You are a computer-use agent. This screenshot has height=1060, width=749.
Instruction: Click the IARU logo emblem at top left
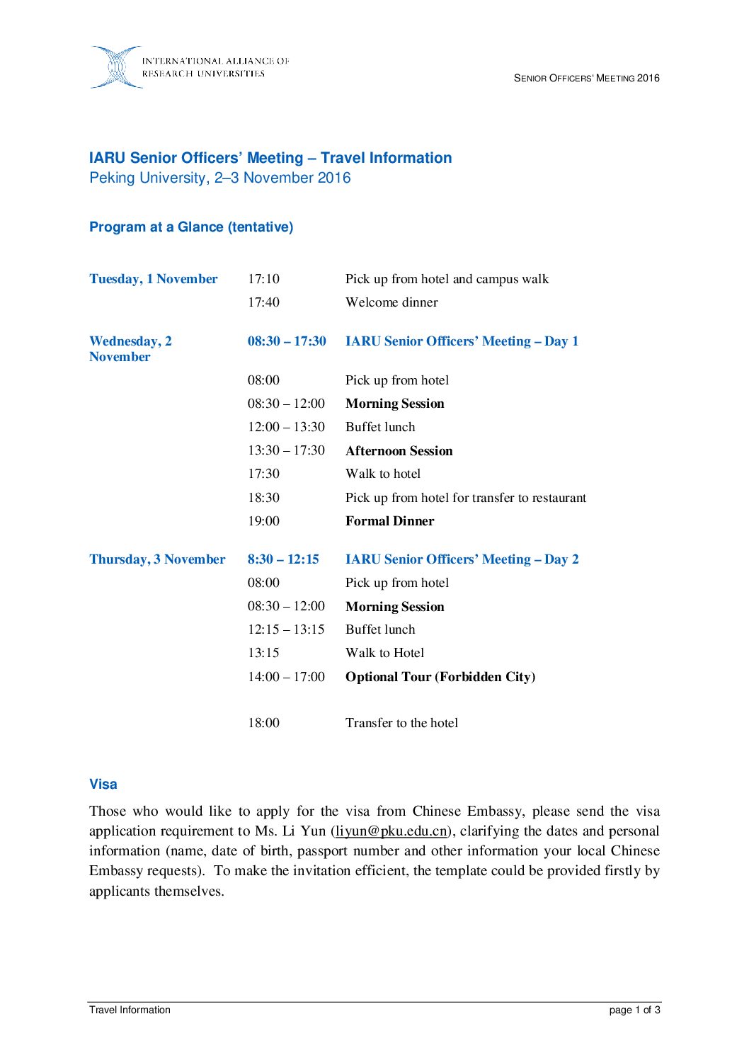(116, 67)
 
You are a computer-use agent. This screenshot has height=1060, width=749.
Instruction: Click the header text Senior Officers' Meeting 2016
(586, 78)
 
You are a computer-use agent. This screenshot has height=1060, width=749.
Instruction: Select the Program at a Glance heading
(191, 227)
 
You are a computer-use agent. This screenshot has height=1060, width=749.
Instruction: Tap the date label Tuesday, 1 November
(154, 279)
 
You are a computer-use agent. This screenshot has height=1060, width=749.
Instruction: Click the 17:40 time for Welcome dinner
(263, 302)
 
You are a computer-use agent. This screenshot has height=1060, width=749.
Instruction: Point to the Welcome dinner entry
(391, 302)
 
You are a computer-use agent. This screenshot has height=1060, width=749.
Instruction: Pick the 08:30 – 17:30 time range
(287, 341)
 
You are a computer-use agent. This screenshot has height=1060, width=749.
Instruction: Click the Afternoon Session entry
(399, 451)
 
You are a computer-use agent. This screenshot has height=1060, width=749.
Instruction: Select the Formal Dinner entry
(389, 521)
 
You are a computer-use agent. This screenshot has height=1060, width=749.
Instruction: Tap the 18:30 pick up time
(263, 498)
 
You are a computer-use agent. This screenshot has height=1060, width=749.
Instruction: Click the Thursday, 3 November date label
(157, 559)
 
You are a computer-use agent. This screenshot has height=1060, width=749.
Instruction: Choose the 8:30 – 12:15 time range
(283, 559)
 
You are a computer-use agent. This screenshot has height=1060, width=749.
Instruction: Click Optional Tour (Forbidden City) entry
(440, 677)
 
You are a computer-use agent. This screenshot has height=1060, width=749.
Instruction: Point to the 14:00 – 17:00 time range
(286, 677)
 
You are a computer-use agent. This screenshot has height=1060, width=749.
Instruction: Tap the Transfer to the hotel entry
(401, 723)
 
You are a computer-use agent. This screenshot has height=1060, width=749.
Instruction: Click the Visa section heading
(103, 784)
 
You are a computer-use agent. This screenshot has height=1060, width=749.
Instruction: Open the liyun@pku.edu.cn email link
(391, 831)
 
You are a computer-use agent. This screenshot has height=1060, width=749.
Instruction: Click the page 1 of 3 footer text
(634, 1010)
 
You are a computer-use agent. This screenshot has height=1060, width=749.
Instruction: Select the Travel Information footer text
(130, 1010)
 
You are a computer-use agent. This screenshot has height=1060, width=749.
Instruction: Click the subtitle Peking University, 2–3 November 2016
(220, 178)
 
